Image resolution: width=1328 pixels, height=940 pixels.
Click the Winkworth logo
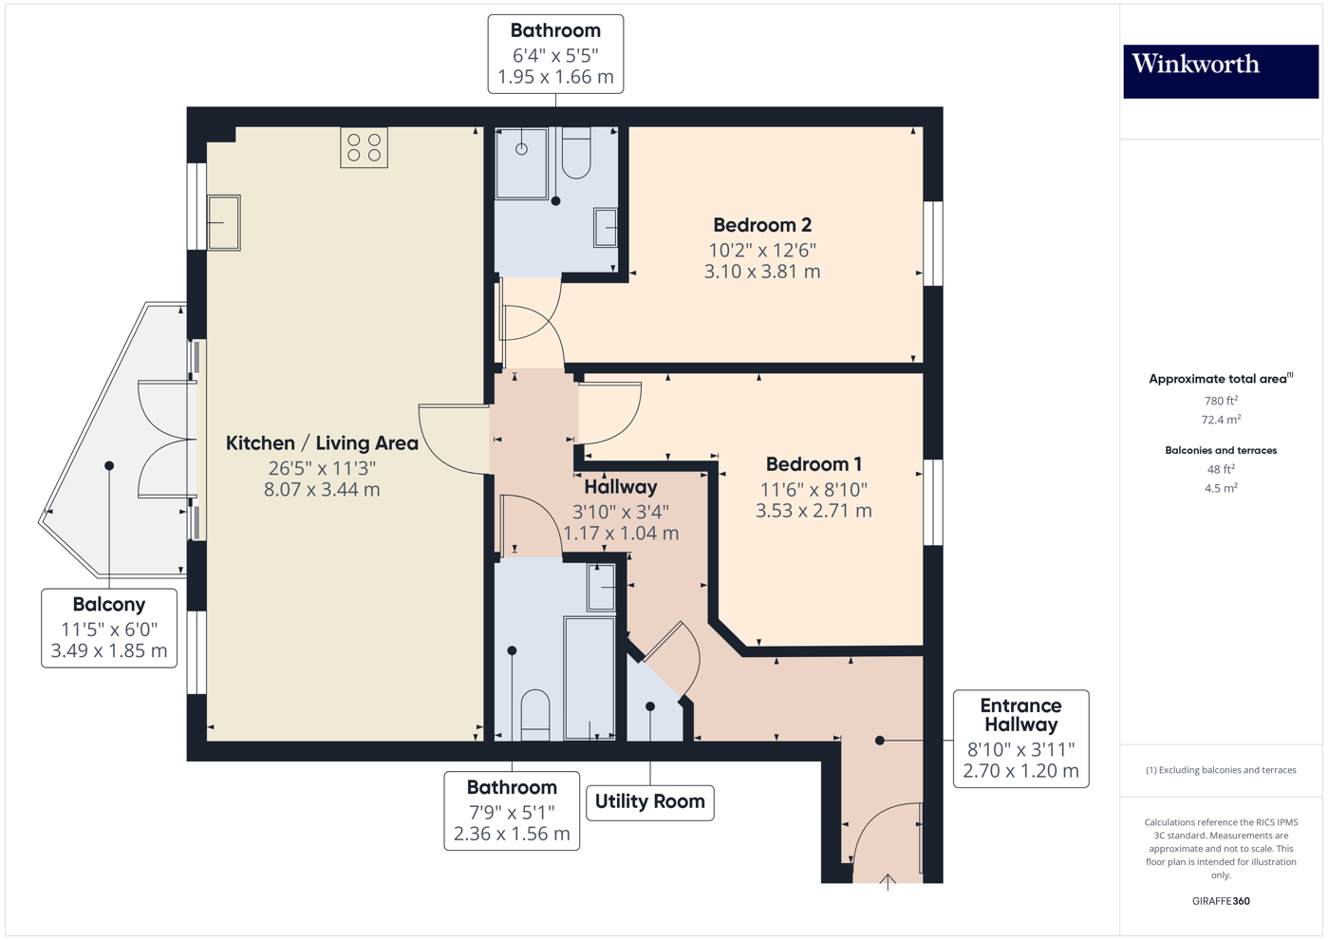[1220, 71]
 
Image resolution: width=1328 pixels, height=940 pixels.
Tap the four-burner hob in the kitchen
[364, 148]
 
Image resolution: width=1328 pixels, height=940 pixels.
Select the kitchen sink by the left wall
[224, 222]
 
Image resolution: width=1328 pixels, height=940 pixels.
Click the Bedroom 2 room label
[762, 225]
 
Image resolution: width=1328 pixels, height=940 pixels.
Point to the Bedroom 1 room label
[814, 464]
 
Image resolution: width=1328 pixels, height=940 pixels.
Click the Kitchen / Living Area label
[322, 443]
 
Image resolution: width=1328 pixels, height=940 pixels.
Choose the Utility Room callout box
[650, 802]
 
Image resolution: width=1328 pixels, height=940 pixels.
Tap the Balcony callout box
[109, 628]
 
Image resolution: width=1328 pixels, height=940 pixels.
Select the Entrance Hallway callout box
[1020, 738]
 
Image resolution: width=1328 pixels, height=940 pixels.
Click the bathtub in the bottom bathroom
[589, 677]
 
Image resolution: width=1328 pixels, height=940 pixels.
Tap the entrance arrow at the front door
[888, 882]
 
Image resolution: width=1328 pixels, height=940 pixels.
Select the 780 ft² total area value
[1220, 401]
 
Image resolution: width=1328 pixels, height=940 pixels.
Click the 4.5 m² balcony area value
[1220, 489]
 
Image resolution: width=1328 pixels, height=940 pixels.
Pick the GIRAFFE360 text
[1220, 901]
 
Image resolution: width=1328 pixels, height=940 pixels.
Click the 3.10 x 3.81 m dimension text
[762, 272]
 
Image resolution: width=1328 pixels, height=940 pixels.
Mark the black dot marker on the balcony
[109, 465]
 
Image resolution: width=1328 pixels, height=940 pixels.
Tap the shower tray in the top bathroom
[522, 163]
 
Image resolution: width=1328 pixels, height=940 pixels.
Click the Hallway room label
[621, 487]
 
